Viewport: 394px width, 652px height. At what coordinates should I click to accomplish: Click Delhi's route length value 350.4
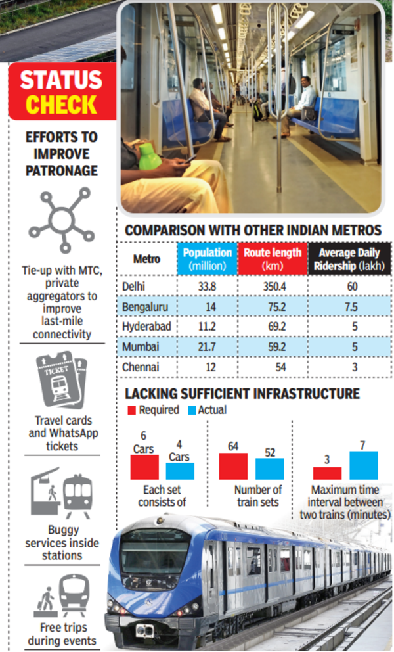click(x=273, y=286)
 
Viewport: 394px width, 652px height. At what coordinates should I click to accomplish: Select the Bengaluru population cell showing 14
click(x=211, y=306)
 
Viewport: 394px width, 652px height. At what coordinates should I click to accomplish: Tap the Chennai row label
click(x=141, y=367)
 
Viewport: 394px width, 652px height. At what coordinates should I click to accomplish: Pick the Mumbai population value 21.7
click(x=210, y=347)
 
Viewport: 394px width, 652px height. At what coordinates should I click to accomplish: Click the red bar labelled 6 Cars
click(x=144, y=467)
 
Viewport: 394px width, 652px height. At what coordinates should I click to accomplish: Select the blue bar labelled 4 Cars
click(x=180, y=471)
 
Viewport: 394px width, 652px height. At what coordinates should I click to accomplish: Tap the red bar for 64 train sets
click(x=233, y=466)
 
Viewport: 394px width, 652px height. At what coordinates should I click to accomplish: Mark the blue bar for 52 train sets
click(x=269, y=469)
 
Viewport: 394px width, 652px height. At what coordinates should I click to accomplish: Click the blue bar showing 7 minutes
click(x=364, y=465)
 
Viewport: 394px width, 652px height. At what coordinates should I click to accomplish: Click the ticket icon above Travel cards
click(x=61, y=381)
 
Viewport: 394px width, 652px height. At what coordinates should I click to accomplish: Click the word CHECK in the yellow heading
click(x=62, y=103)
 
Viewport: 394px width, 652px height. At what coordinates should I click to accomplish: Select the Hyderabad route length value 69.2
click(x=273, y=327)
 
